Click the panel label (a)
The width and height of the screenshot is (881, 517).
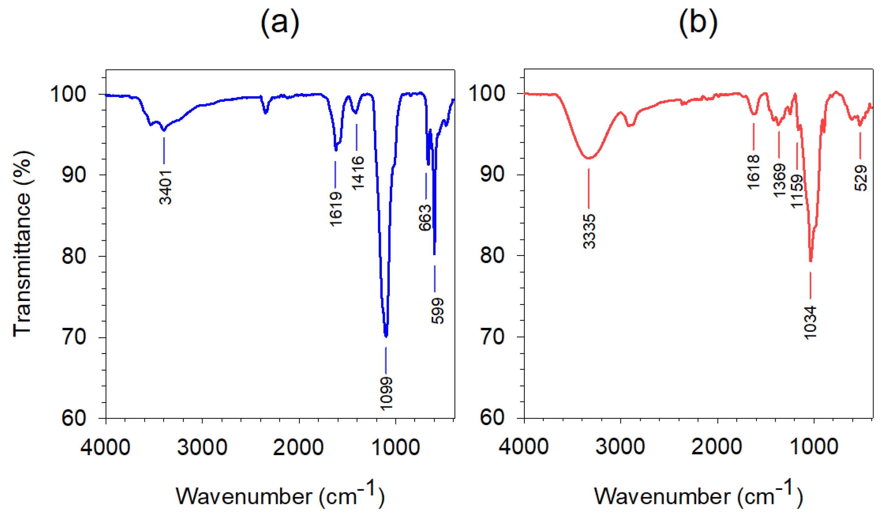pyautogui.click(x=280, y=23)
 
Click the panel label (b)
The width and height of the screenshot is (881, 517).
pyautogui.click(x=698, y=23)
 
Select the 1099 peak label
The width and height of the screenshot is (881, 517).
pyautogui.click(x=386, y=393)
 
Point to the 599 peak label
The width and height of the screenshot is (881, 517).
pyautogui.click(x=437, y=311)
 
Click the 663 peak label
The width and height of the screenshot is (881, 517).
pyautogui.click(x=425, y=218)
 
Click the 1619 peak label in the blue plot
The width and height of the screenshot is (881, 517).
pyautogui.click(x=336, y=209)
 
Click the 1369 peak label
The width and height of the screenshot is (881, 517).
pyautogui.click(x=779, y=180)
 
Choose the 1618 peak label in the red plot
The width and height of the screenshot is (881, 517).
pyautogui.click(x=753, y=172)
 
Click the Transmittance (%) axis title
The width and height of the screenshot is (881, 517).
pyautogui.click(x=22, y=244)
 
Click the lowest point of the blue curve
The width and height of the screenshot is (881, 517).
pyautogui.click(x=386, y=336)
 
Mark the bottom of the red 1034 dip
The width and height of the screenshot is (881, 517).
pyautogui.click(x=811, y=261)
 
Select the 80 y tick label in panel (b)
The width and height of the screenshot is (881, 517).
pyautogui.click(x=492, y=256)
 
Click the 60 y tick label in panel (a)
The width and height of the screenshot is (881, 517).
pyautogui.click(x=74, y=418)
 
